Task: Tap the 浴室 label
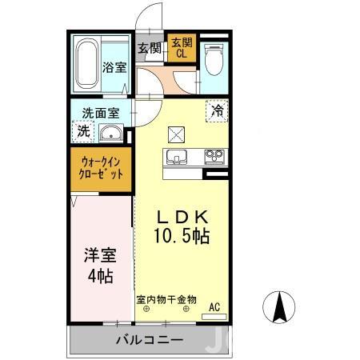click(114, 68)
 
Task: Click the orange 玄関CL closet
click(180, 49)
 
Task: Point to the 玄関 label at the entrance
click(150, 48)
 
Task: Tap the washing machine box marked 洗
click(83, 130)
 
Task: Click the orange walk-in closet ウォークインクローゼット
click(101, 168)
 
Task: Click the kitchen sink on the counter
click(176, 155)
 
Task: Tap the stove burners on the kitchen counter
click(214, 155)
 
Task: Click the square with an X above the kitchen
click(176, 133)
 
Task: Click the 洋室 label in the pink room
click(100, 258)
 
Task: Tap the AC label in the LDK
click(214, 305)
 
